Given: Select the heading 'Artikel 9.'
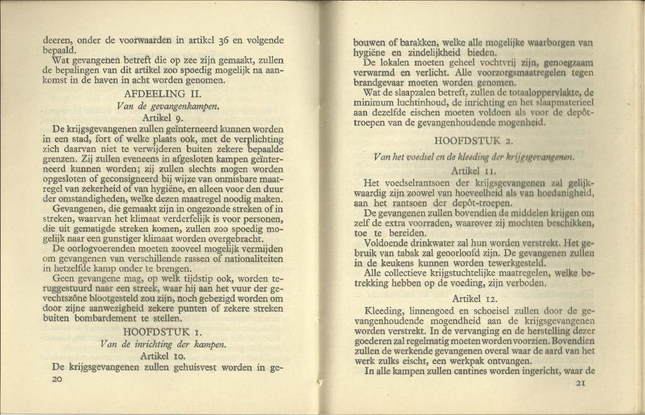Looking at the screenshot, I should [164, 118].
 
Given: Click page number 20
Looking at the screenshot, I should [57, 380].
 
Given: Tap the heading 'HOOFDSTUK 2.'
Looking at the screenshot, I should [473, 140].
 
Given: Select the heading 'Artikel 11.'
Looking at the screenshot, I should [473, 170].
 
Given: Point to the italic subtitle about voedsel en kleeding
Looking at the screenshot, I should [474, 156].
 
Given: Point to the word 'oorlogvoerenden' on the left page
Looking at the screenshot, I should [110, 248].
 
